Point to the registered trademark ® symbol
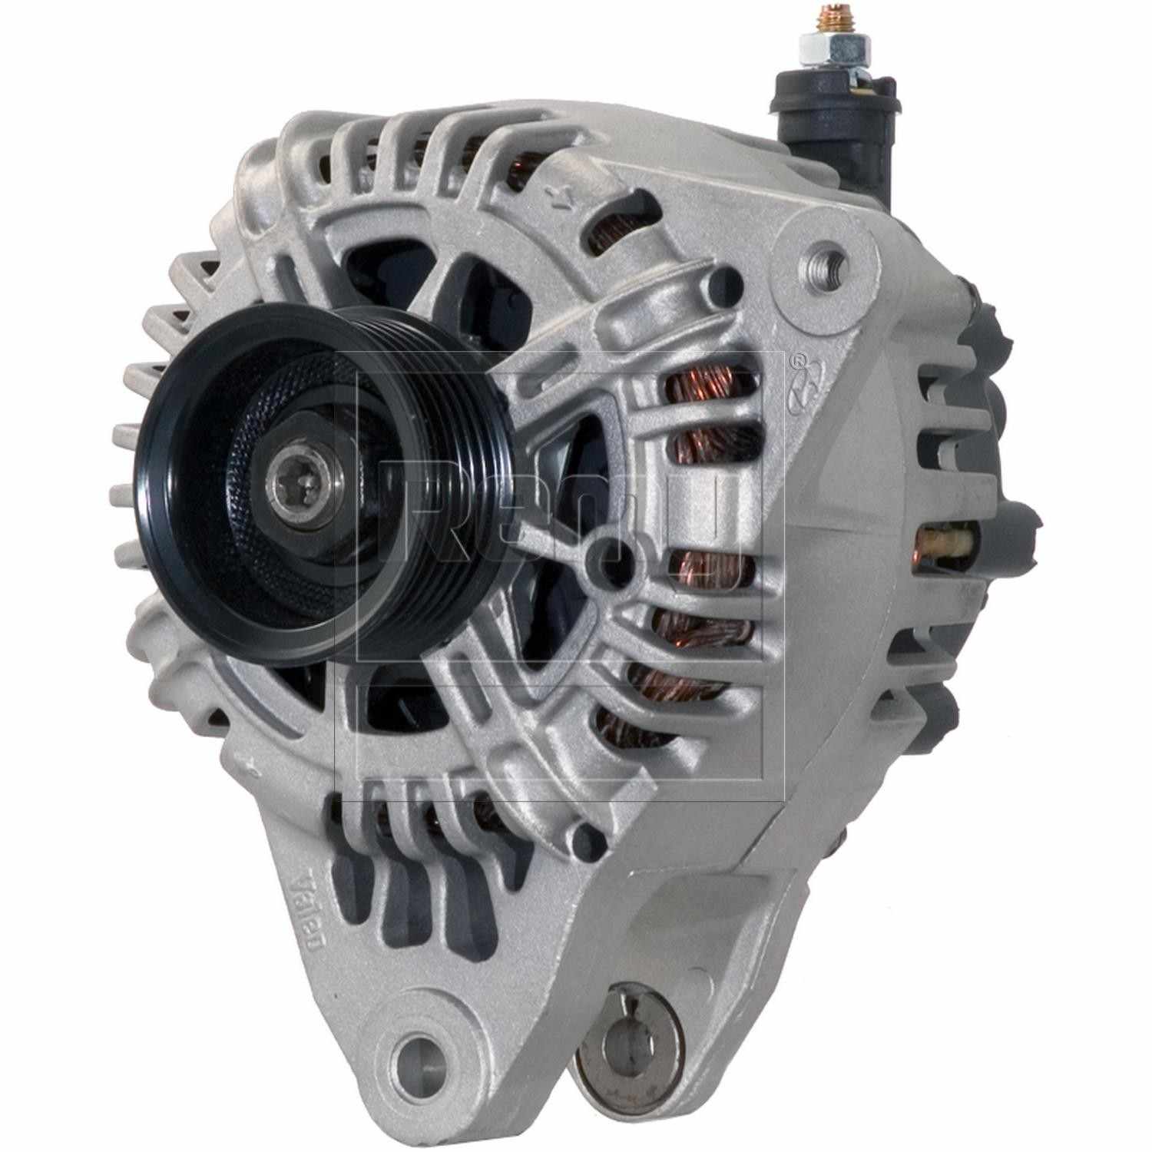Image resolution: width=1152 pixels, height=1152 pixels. pyautogui.click(x=799, y=358)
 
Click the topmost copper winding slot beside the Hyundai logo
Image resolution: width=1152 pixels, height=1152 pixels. pyautogui.click(x=695, y=384)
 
